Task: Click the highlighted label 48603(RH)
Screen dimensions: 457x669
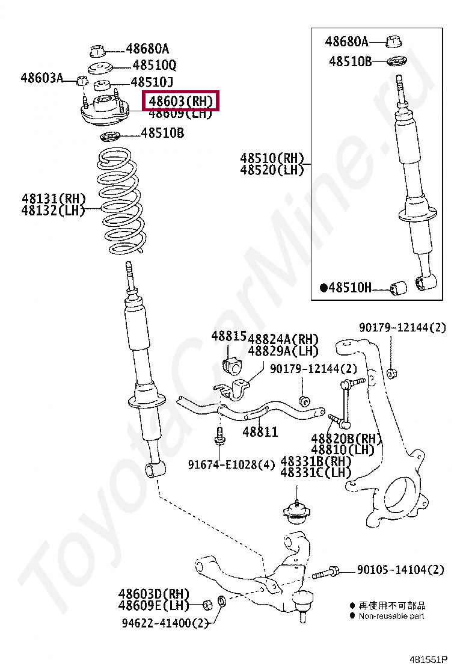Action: [x=181, y=101]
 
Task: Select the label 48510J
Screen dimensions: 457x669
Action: [x=152, y=82]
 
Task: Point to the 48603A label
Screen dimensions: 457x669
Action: [x=41, y=77]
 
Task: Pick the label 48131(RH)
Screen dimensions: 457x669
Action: [x=54, y=199]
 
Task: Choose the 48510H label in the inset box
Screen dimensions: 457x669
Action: [x=350, y=288]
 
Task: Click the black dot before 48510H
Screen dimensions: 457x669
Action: [x=323, y=288]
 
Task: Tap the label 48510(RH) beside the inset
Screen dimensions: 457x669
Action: [x=272, y=158]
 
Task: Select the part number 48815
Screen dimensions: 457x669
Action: [x=228, y=337]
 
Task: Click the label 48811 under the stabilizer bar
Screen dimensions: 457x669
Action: [x=260, y=431]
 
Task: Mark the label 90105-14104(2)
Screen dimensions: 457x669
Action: [x=400, y=569]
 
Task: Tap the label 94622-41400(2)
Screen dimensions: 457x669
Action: [x=163, y=623]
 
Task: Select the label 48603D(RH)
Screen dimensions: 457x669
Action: [x=153, y=594]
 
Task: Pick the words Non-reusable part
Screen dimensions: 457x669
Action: [x=391, y=615]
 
